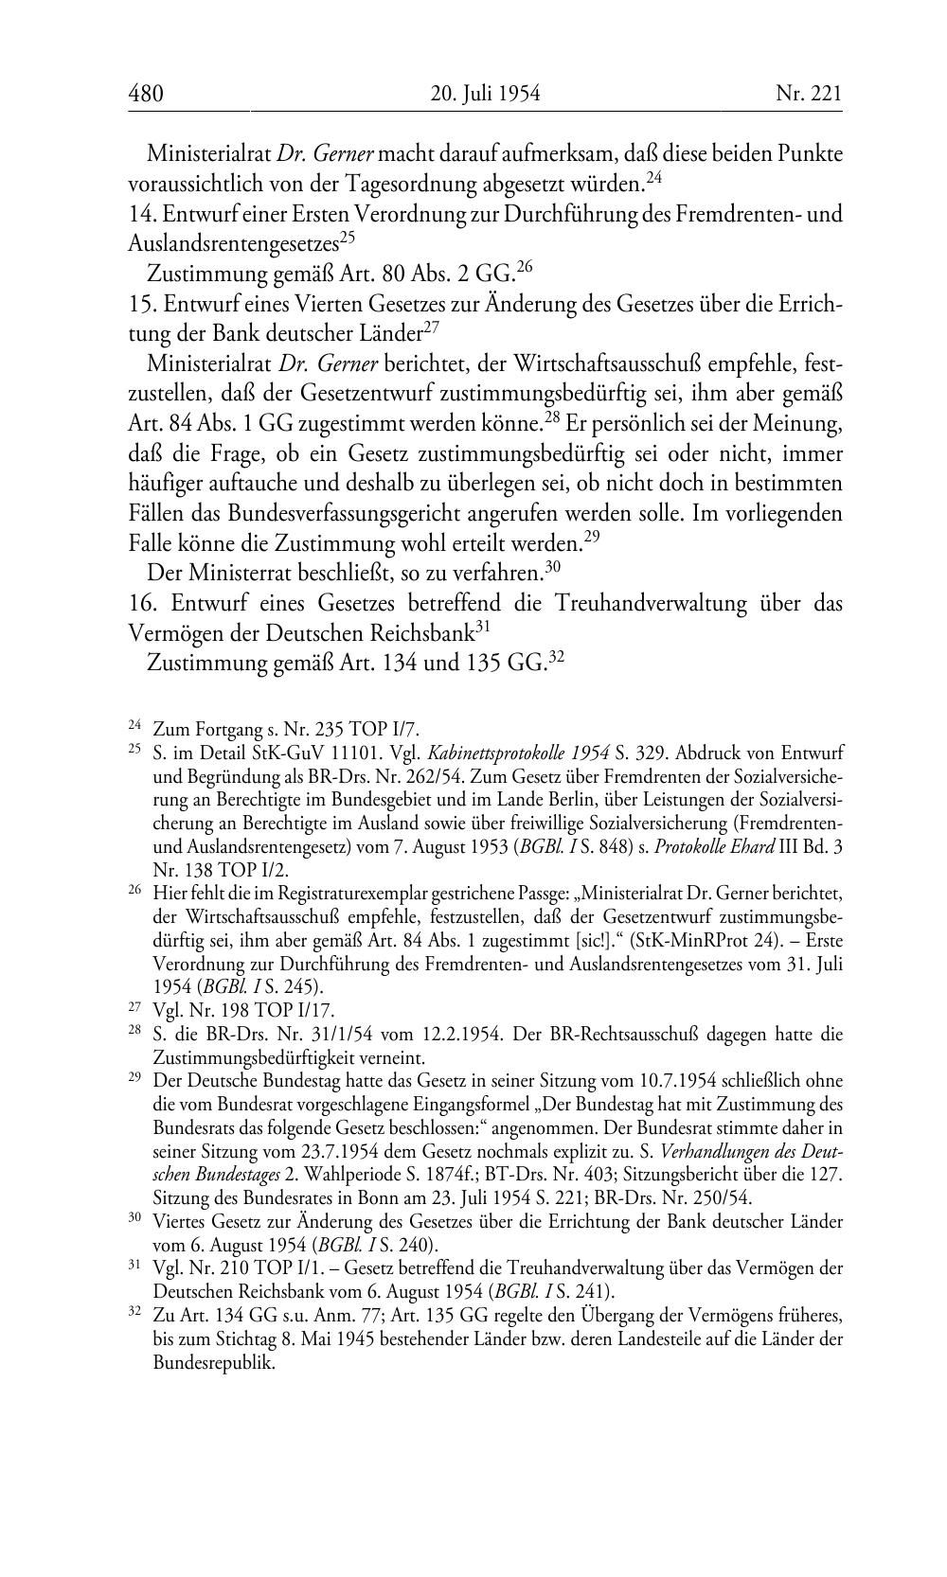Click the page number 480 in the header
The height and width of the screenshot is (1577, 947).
pos(146,94)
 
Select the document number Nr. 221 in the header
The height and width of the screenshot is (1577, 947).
pos(808,94)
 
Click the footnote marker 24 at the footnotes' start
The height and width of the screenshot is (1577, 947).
pos(134,726)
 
